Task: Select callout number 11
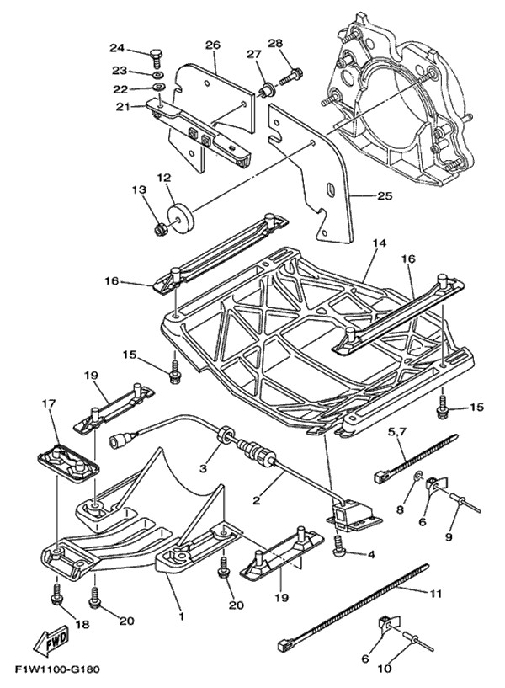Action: click(x=434, y=594)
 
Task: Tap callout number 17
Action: click(x=48, y=405)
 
